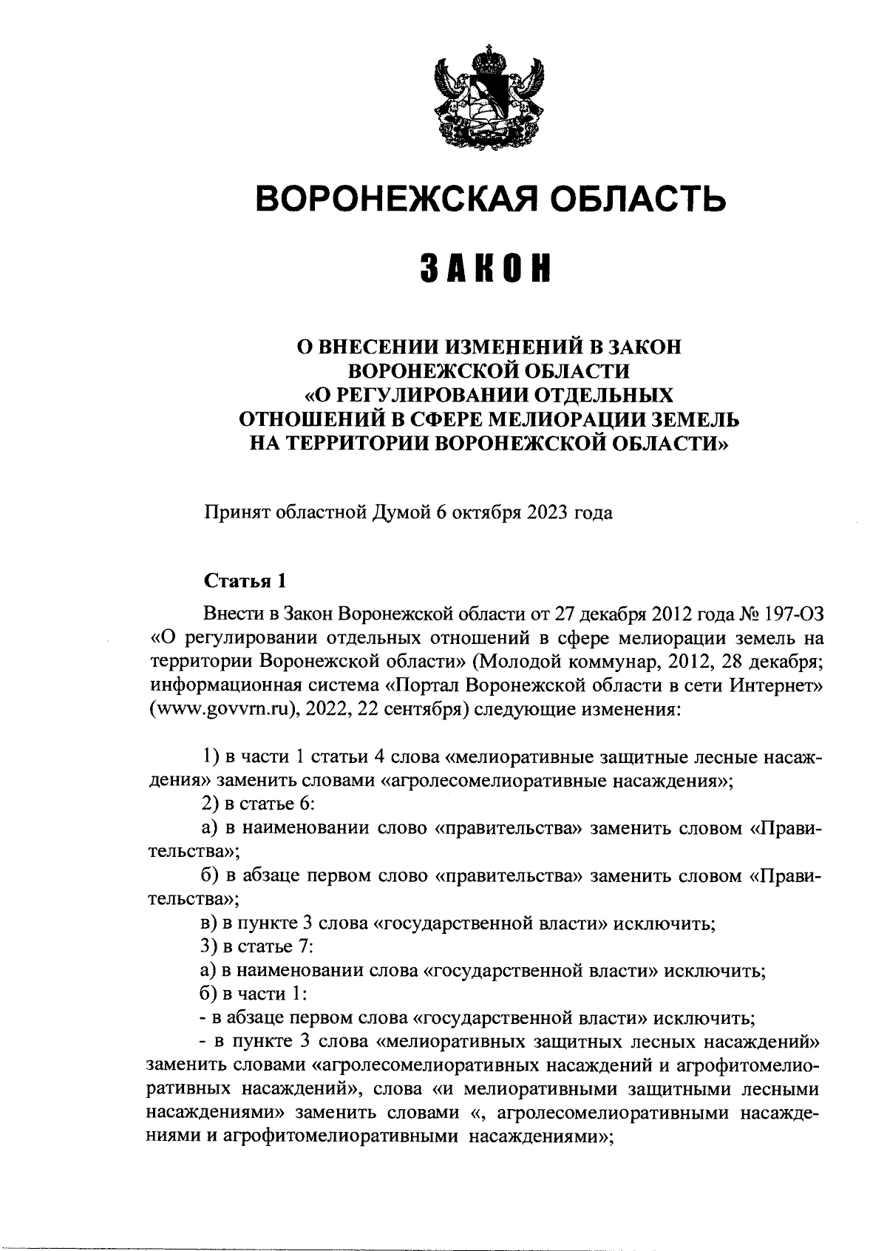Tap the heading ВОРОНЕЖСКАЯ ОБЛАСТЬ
(x=489, y=197)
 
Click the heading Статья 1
(x=245, y=580)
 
